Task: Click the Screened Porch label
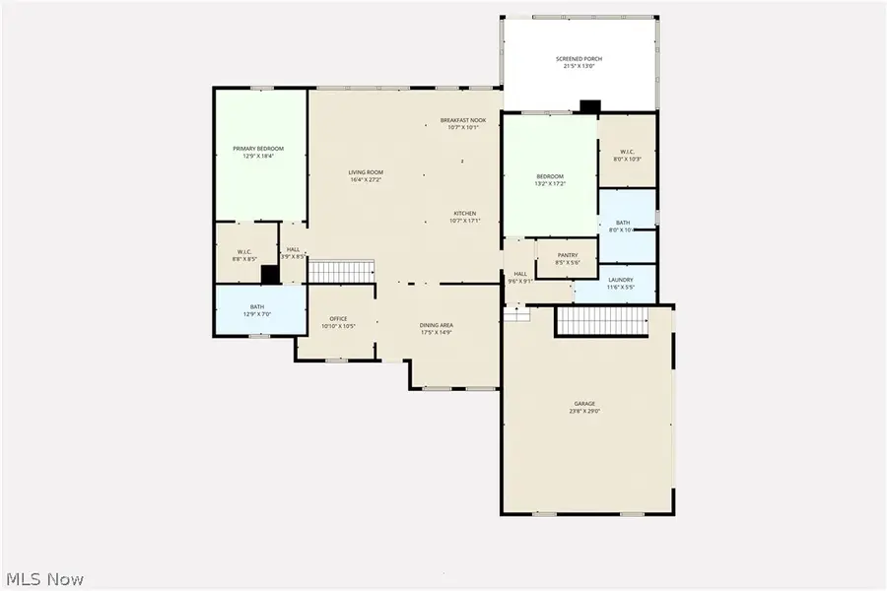[x=579, y=59]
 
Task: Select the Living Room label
[x=365, y=172]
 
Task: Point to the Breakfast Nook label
[x=462, y=120]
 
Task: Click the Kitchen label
[x=465, y=214]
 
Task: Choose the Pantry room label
[x=567, y=255]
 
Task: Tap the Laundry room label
[x=621, y=280]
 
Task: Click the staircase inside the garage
[x=601, y=320]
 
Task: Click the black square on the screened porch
[x=590, y=106]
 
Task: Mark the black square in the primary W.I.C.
[x=270, y=275]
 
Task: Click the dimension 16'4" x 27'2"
[x=365, y=179]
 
